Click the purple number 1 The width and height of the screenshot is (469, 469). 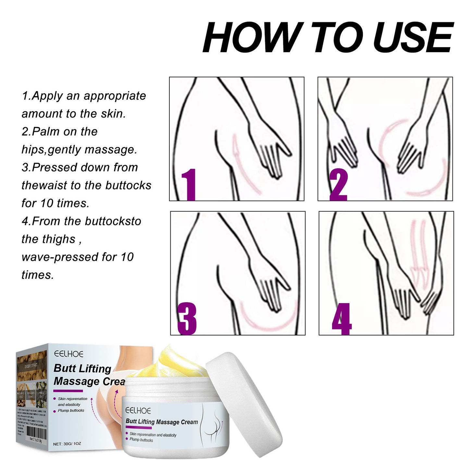[x=189, y=184]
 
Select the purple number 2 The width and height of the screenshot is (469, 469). [x=338, y=184]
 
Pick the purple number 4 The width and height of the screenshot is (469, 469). [x=341, y=319]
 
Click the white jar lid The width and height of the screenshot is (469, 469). [x=243, y=402]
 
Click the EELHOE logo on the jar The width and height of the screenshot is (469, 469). [x=138, y=411]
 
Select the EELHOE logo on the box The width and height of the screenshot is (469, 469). [x=69, y=354]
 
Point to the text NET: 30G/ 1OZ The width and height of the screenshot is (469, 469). [x=67, y=444]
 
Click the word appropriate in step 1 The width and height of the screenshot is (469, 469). [x=115, y=96]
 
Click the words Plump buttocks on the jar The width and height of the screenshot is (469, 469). [x=141, y=440]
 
